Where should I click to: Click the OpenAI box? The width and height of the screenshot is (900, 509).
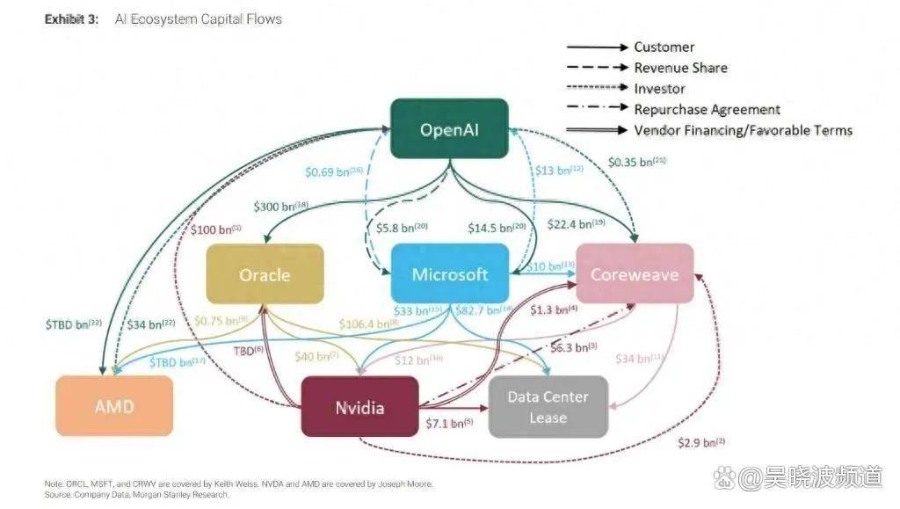(450, 129)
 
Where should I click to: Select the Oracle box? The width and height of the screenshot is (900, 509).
(265, 274)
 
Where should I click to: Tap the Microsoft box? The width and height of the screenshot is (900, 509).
(450, 274)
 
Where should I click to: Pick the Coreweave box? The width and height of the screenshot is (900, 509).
(634, 274)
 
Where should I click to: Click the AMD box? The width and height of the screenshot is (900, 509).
(114, 407)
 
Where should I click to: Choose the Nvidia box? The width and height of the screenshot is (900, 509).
(359, 407)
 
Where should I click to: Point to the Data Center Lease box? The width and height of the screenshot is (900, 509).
(548, 407)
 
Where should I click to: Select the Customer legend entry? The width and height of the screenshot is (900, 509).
(664, 47)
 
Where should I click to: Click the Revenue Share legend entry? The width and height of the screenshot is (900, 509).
(680, 68)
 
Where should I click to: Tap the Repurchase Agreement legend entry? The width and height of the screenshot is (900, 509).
(707, 109)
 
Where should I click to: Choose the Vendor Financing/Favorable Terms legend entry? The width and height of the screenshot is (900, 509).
(743, 130)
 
